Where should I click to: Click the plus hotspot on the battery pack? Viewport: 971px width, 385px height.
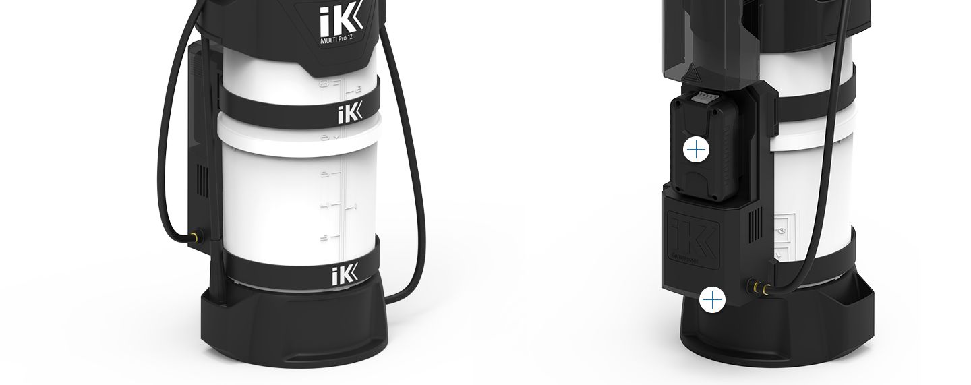point(695,149)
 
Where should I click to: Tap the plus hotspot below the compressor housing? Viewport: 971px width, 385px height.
point(712,299)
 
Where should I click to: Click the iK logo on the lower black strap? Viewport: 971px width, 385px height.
point(347,275)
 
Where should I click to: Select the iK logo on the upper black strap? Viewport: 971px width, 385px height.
point(350,113)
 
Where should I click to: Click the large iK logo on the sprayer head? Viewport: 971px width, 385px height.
point(341,19)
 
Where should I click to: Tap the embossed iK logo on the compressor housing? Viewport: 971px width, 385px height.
point(692,237)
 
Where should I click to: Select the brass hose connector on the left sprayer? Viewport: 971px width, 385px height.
point(195,237)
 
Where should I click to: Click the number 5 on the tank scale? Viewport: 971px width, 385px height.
point(325,174)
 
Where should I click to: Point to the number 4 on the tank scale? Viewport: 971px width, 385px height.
point(325,206)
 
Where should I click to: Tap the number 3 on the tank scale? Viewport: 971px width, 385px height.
point(325,238)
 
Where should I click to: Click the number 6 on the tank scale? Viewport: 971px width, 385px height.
point(324,138)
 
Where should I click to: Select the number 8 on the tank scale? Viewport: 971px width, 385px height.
point(324,84)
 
